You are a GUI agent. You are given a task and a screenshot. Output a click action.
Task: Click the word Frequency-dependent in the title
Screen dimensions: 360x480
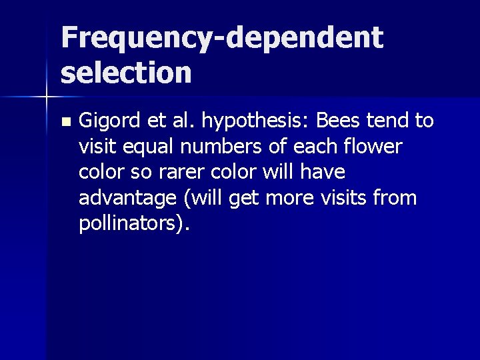coord(222,39)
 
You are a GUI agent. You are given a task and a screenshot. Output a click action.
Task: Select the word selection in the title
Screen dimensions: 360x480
coord(126,72)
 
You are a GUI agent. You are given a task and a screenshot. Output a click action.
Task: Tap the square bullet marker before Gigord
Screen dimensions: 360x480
coord(64,122)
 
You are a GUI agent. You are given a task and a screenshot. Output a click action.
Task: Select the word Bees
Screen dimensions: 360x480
coord(337,121)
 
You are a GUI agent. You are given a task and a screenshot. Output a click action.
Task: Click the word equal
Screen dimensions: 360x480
coord(147,147)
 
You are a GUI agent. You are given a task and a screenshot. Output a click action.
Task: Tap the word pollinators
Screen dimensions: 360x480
coord(130,224)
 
